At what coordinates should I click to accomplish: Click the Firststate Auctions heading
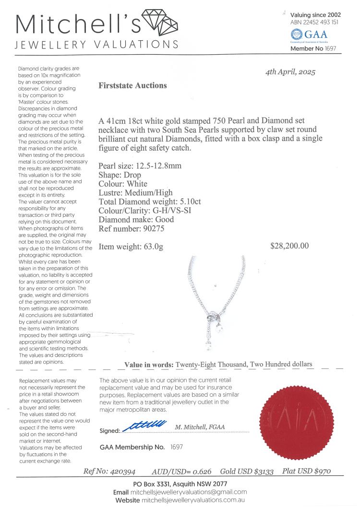pyautogui.click(x=132, y=86)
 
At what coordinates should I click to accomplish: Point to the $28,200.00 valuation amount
pyautogui.click(x=289, y=246)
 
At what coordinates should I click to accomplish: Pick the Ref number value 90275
pyautogui.click(x=155, y=229)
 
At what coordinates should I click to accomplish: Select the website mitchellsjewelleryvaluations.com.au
pyautogui.click(x=197, y=500)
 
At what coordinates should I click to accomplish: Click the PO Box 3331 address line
pyautogui.click(x=180, y=484)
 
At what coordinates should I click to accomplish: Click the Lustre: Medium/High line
pyautogui.click(x=136, y=193)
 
